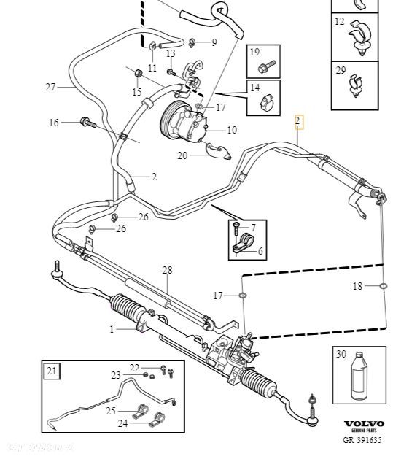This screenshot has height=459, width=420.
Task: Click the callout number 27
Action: coord(50,88)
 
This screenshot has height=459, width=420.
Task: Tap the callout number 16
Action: coord(54,123)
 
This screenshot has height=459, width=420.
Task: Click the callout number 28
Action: coord(167,271)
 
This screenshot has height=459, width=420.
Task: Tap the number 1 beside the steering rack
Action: coord(112,330)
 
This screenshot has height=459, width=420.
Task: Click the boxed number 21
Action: coord(52,371)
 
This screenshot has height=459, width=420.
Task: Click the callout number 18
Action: coord(357,287)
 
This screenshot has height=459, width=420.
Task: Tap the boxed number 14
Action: coord(254,88)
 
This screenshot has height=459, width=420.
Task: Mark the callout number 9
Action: coord(214,42)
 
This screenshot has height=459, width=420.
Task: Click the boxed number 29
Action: coord(341,71)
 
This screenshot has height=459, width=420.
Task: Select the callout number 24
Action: coord(122,423)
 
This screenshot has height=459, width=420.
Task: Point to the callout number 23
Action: coord(116,375)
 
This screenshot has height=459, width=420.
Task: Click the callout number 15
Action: coord(137,92)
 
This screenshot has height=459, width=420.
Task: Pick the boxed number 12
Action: coord(340,23)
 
